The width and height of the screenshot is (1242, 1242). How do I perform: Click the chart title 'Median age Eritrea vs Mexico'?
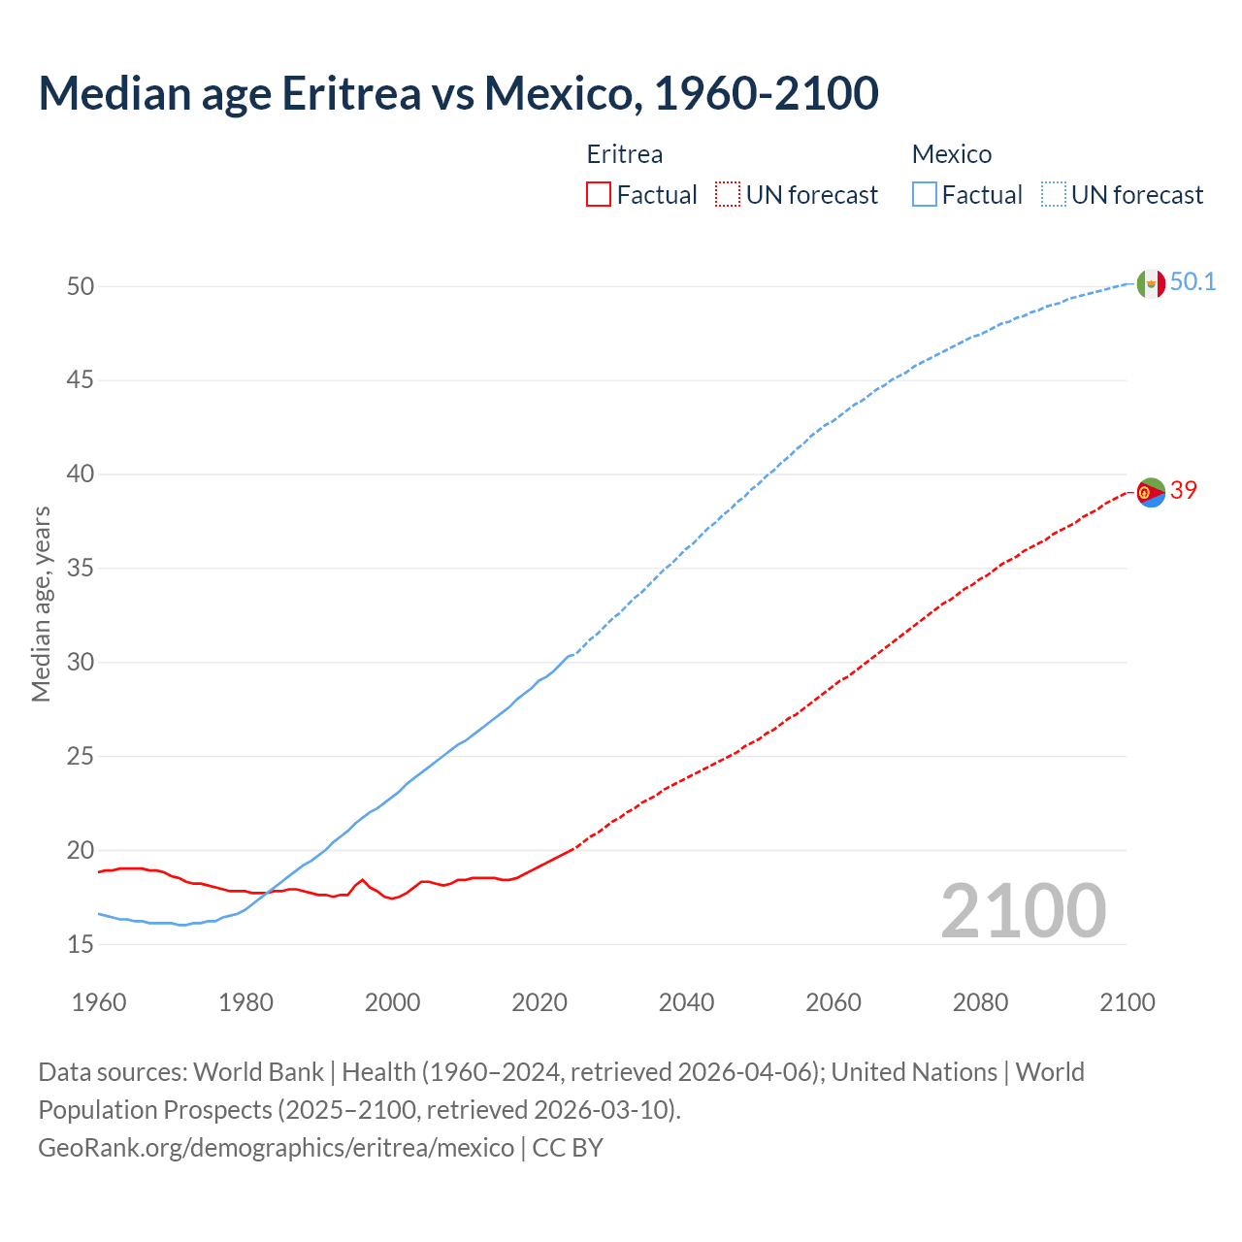(458, 93)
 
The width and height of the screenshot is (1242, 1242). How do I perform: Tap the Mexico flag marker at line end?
(1150, 283)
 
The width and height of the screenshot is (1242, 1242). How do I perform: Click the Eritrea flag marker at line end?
(1150, 493)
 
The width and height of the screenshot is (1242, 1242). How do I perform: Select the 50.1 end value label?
(1193, 282)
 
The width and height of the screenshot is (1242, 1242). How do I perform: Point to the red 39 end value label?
(1183, 491)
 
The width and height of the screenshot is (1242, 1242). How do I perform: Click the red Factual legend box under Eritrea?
(599, 195)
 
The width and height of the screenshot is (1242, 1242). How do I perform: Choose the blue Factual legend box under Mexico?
(924, 195)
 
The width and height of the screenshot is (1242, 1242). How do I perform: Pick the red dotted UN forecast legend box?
(728, 195)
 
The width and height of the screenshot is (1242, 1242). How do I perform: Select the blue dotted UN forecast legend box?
(1053, 195)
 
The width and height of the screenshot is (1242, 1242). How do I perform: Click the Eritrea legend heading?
(625, 154)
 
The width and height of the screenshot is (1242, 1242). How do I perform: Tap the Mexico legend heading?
(952, 154)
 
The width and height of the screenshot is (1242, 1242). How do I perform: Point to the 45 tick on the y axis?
(81, 380)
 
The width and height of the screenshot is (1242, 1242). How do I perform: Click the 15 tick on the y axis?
(81, 944)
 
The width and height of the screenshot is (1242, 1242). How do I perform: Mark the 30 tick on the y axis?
(81, 663)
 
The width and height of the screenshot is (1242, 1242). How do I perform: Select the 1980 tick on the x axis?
(245, 1002)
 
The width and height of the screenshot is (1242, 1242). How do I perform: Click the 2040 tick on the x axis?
(686, 1002)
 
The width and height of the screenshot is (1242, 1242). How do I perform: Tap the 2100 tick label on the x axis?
(1127, 1002)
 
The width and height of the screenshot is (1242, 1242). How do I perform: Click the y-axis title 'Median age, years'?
(41, 604)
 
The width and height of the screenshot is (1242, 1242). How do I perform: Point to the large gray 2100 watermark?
(1023, 910)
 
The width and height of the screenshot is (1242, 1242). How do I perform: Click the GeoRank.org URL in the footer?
(277, 1148)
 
